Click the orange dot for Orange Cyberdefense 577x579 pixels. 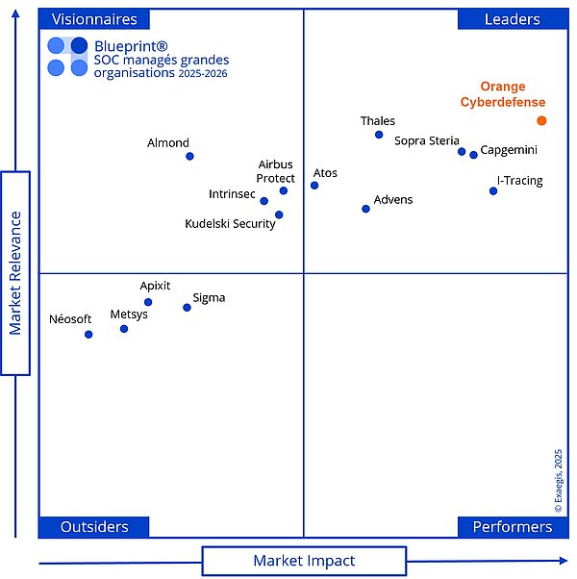point(541,120)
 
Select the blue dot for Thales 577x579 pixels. point(379,135)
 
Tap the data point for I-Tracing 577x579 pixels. point(493,190)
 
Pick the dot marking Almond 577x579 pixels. point(189,156)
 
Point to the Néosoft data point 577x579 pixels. point(88,335)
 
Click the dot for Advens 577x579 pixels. point(365,209)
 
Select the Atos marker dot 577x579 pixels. point(314,185)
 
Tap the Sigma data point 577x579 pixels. point(187,308)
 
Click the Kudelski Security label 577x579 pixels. point(230,224)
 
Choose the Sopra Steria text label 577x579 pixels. point(427,141)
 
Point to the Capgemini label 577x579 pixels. point(509,150)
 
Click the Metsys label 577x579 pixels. point(129,315)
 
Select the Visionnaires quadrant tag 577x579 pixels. point(94,19)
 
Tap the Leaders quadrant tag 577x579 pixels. point(512,19)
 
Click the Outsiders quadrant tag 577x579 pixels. point(94,527)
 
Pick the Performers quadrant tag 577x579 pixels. point(512,527)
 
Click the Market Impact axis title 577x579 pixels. point(304,561)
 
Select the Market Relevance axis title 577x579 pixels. point(15,273)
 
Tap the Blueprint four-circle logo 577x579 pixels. point(67,56)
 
